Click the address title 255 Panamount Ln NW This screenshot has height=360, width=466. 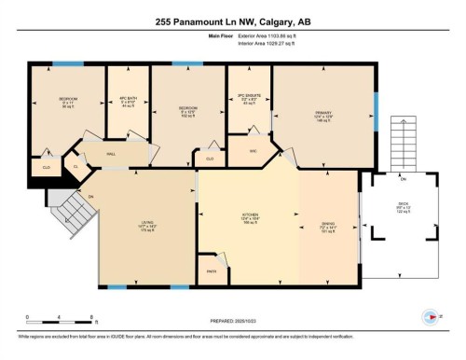click(233, 22)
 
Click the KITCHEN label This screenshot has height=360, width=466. click(250, 218)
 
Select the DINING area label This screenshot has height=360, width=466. click(329, 223)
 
